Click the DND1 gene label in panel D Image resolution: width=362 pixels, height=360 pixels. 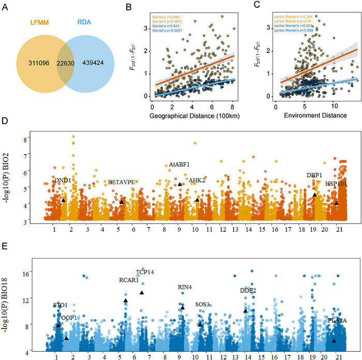click(62, 180)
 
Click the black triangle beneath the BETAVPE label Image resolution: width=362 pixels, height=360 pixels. click(122, 202)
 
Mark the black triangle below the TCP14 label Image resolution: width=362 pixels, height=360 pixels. click(141, 293)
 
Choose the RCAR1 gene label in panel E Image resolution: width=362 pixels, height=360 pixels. click(129, 280)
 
